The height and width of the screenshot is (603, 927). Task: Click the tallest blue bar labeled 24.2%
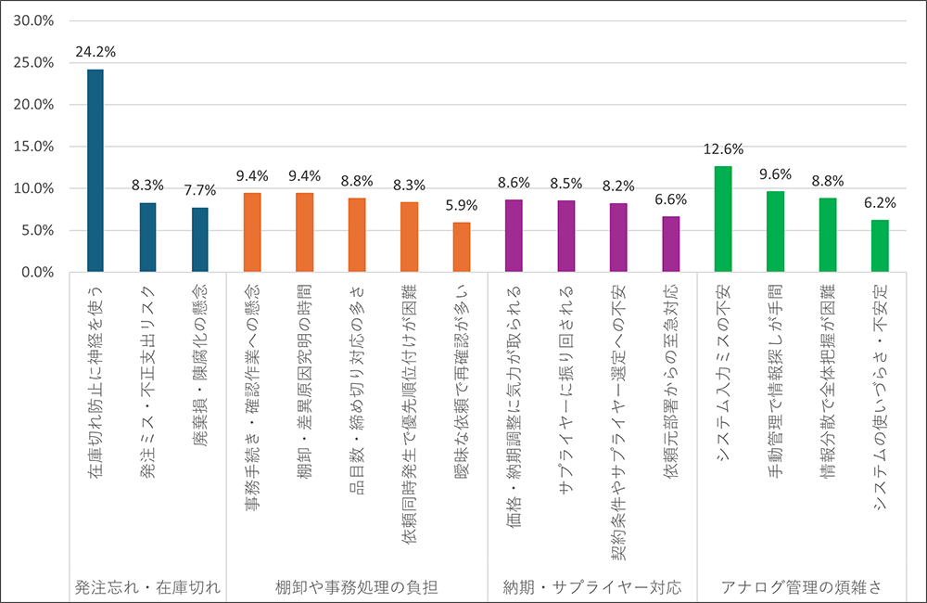[x=95, y=171]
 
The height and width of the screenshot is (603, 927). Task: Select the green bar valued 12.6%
[x=723, y=219]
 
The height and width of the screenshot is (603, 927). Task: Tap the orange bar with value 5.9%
[x=462, y=247]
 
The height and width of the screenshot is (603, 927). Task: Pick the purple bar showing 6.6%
[x=670, y=244]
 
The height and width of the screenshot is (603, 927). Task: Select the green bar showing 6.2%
[x=880, y=246]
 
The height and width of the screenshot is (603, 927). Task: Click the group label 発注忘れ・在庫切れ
[x=148, y=587]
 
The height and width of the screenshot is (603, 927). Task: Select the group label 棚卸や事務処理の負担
[x=357, y=587]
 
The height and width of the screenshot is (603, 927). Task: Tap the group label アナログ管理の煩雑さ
[x=801, y=587]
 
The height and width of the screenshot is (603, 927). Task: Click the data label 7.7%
[x=199, y=189]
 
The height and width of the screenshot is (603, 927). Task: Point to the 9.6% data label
[x=775, y=173]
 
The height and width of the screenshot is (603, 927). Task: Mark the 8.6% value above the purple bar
[x=514, y=182]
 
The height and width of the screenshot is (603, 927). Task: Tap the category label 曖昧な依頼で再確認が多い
[x=462, y=379]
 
